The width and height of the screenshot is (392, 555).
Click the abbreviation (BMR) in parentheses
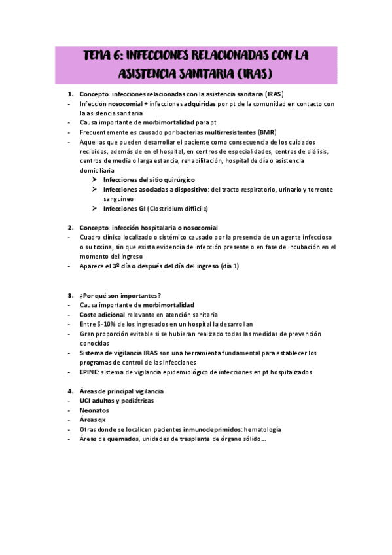tap(268, 132)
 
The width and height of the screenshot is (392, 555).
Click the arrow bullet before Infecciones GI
tap(95, 208)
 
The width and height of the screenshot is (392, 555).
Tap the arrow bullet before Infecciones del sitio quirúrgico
tap(95, 179)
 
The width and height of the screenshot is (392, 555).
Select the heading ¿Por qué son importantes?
tap(121, 295)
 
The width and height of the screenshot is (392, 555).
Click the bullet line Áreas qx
tap(93, 420)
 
